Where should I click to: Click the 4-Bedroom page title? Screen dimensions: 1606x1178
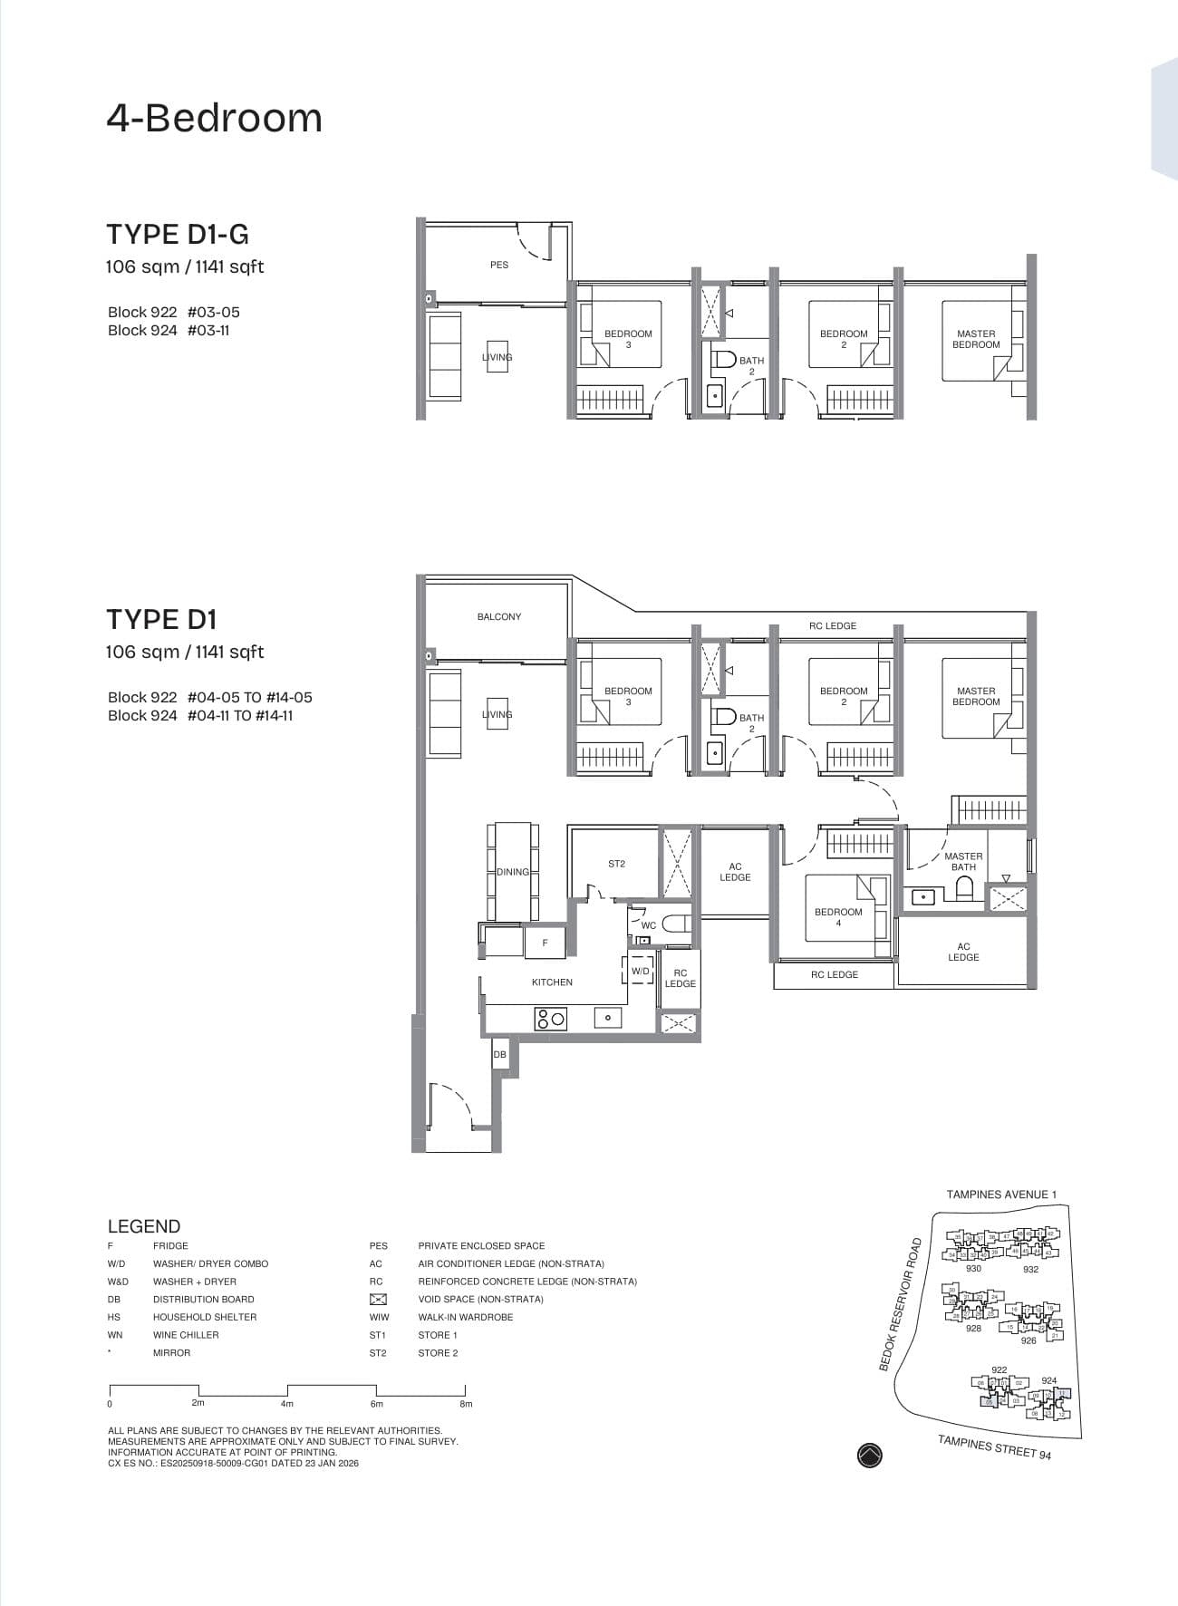point(215,118)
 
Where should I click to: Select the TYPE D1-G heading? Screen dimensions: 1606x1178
point(178,234)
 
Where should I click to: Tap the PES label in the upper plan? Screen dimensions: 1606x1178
point(498,265)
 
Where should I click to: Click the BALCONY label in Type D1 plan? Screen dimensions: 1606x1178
point(498,616)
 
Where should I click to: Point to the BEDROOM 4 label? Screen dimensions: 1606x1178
point(838,916)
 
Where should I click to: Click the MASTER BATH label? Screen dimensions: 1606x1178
point(963,861)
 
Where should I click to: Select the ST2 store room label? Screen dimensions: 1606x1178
point(616,864)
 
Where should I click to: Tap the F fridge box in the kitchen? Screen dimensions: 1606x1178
point(545,943)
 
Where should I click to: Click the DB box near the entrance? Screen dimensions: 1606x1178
point(499,1055)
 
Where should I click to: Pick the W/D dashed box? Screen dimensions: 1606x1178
point(640,971)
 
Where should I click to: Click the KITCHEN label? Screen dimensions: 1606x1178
point(552,982)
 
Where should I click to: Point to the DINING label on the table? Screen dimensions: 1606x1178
point(512,872)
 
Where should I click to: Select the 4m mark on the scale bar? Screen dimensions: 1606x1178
point(287,1404)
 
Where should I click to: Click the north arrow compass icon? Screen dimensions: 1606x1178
point(869,1455)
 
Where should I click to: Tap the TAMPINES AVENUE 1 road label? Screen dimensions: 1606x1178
point(1001,1195)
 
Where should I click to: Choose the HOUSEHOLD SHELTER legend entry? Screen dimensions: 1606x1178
point(204,1317)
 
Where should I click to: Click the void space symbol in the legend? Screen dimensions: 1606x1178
point(378,1300)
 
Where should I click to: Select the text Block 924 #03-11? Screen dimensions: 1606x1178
point(169,330)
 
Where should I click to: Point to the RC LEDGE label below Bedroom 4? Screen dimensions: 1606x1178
point(834,974)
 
